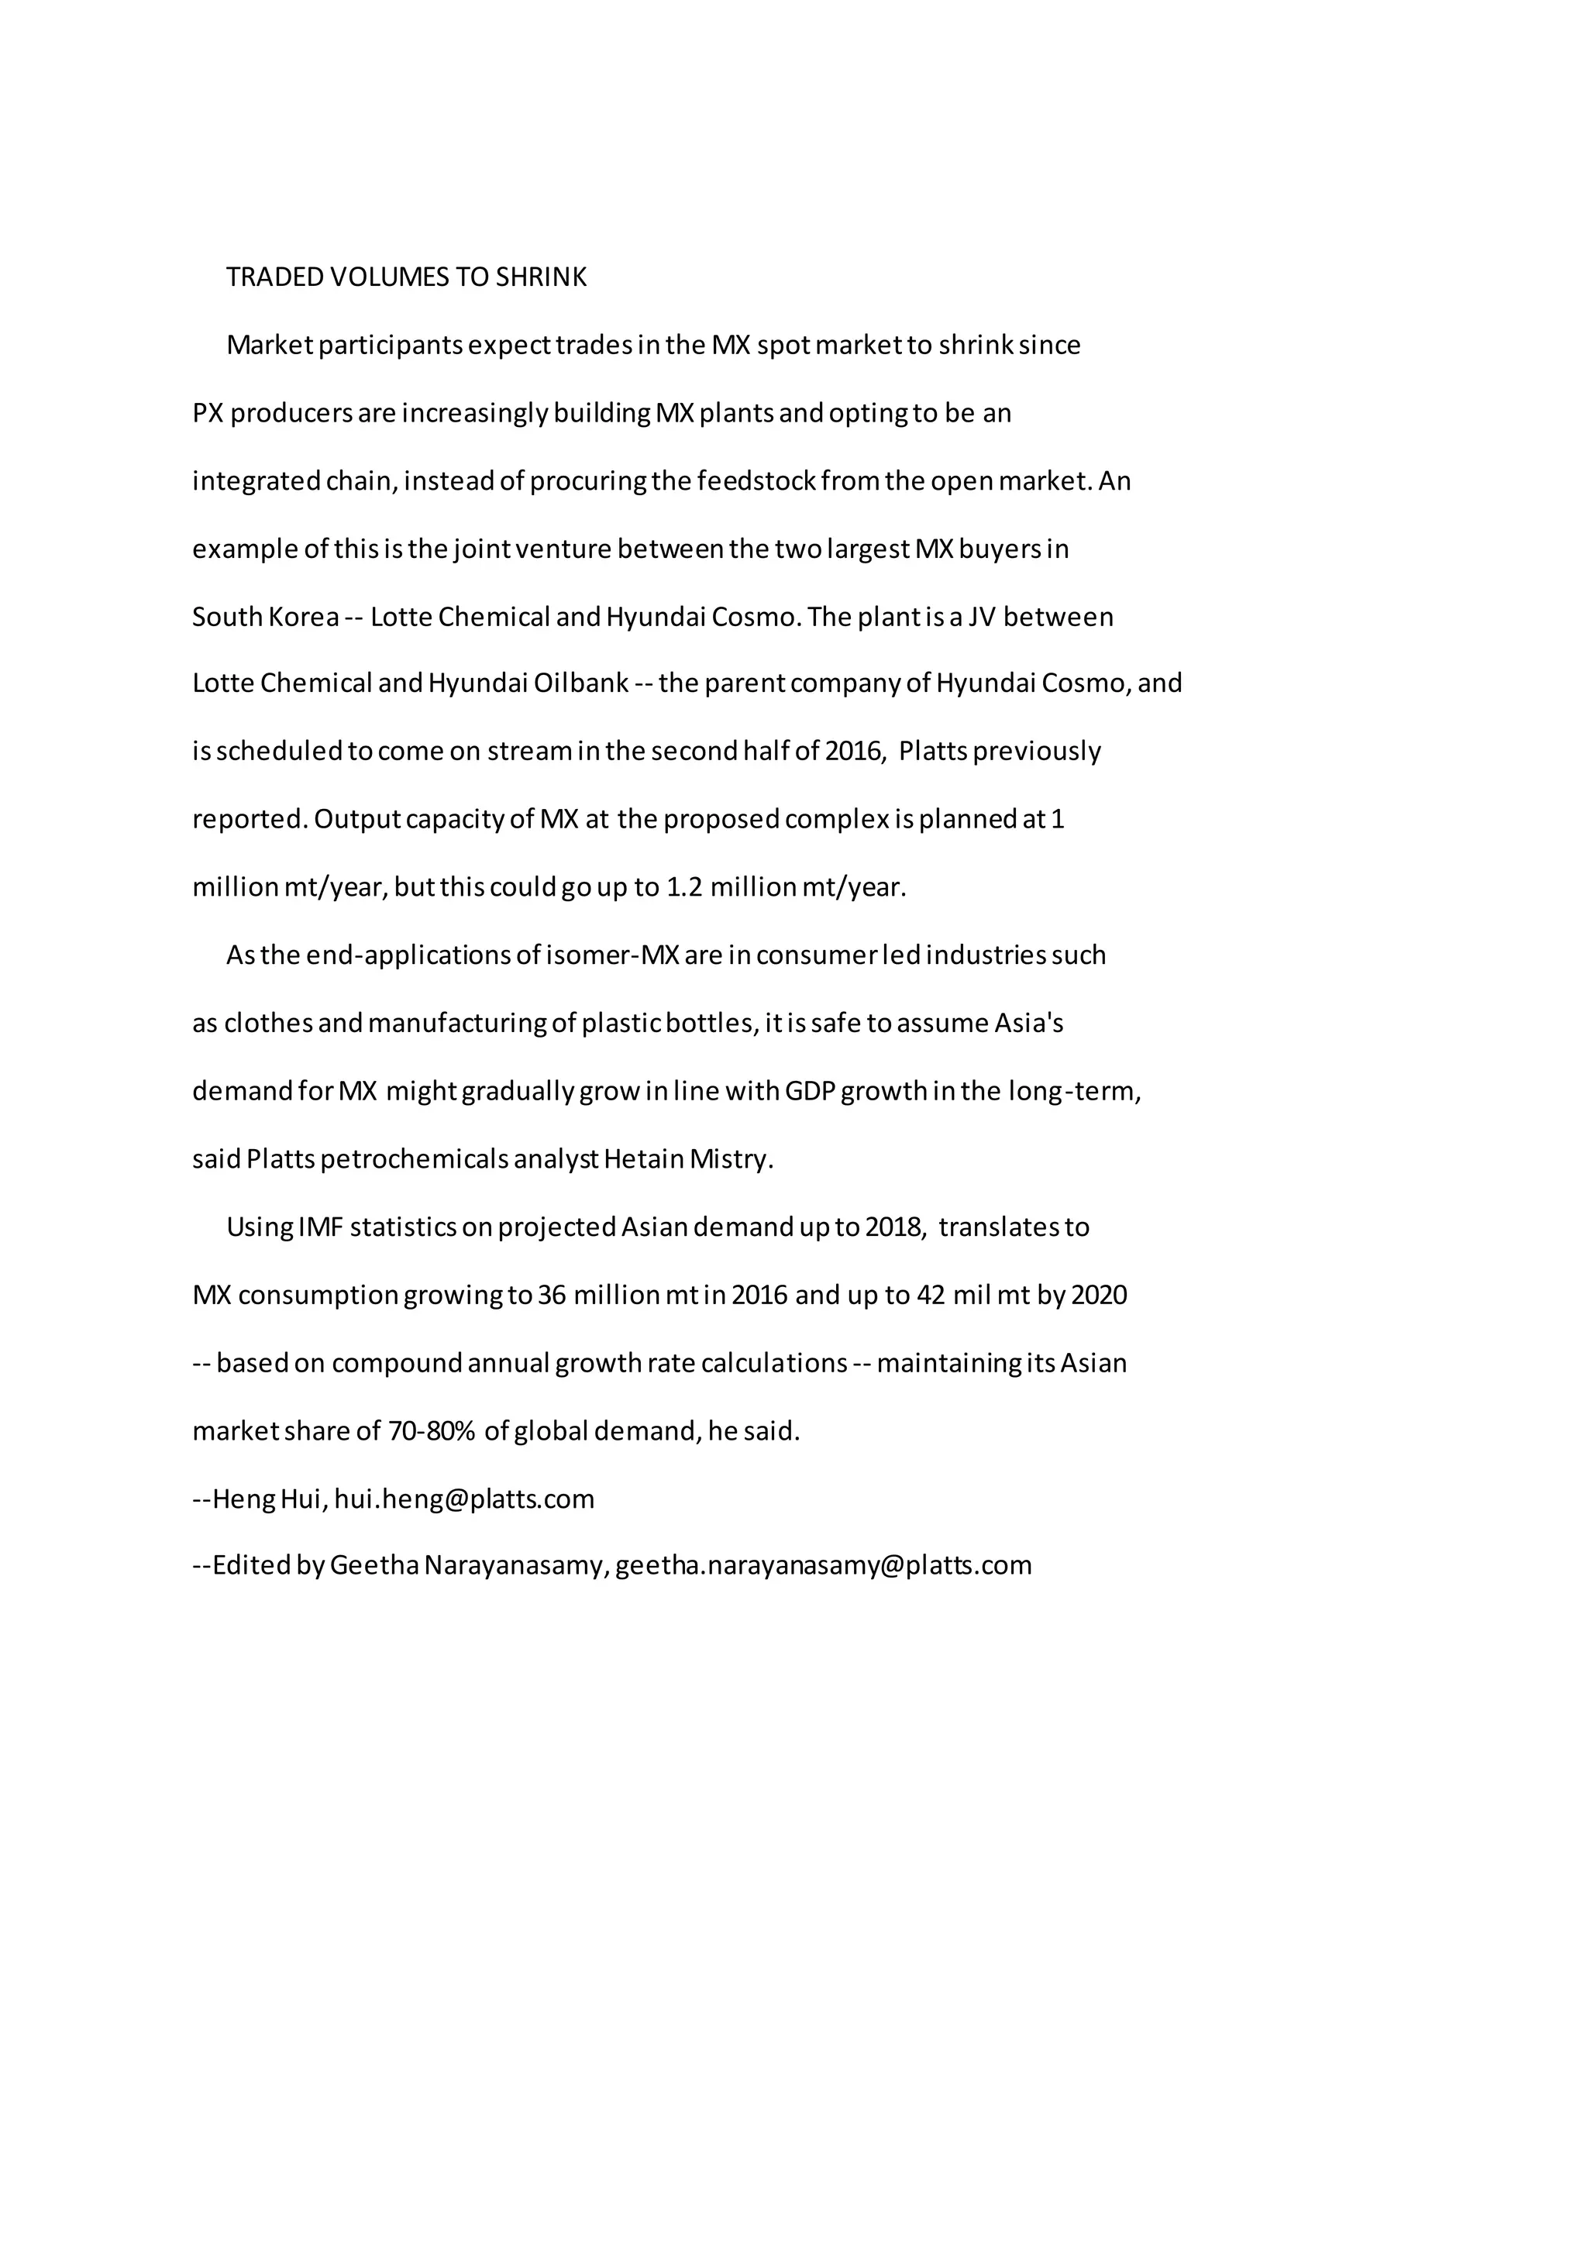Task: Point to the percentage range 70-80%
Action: coord(431,1432)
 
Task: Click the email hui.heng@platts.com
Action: coord(464,1499)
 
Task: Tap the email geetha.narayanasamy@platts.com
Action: coord(823,1566)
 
